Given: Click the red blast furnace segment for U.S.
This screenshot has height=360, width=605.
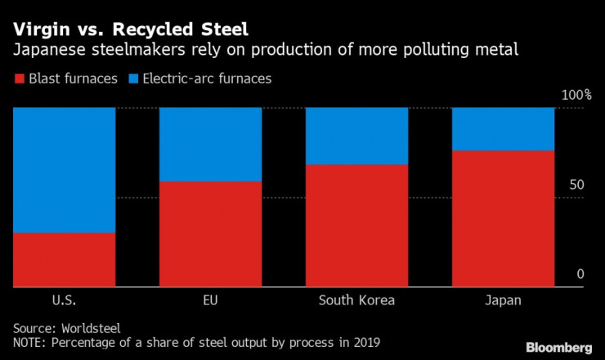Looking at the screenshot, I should point(64,260).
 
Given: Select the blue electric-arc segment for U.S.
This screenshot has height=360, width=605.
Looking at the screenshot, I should point(64,170).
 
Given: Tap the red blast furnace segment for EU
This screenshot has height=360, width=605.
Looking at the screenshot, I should point(210,234).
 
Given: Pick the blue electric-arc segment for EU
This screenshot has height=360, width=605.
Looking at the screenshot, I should point(210,144).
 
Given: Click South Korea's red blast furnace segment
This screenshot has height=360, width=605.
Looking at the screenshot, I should point(356,226).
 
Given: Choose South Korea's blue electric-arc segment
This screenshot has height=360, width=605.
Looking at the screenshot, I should point(356,136).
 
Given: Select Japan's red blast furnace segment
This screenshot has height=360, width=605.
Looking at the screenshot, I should point(503,218).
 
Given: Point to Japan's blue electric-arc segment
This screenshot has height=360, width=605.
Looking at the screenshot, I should point(503,129).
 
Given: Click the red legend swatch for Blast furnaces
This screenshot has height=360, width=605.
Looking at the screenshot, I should point(19,79).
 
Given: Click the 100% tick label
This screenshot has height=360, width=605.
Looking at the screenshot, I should point(576,96).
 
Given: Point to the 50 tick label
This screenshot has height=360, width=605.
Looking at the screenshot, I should point(577,185).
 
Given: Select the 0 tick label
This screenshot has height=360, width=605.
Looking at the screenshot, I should point(581,274).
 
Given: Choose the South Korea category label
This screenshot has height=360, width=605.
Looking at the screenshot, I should point(356,300).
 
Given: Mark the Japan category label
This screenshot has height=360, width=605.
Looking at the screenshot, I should point(503,300).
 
